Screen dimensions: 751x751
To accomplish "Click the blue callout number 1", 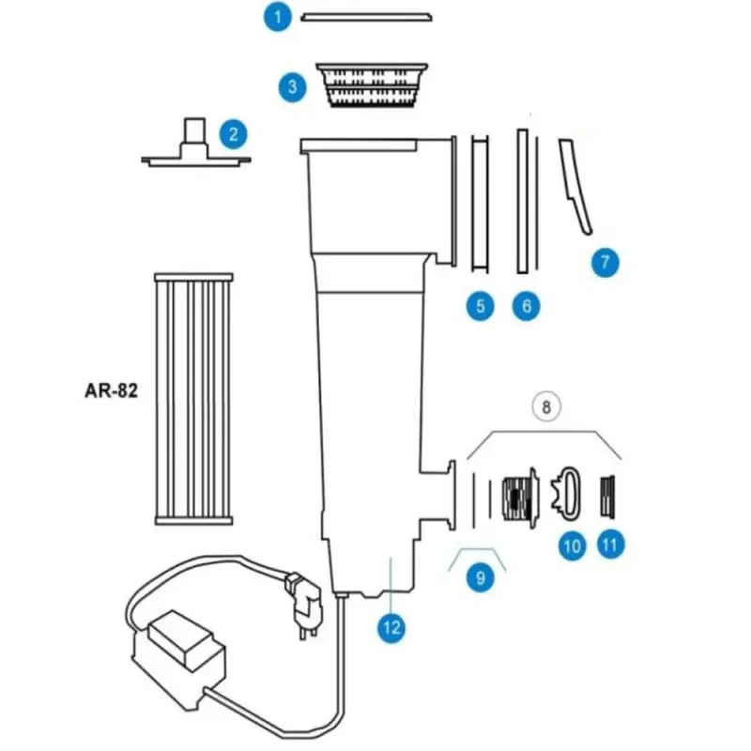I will pos(276,17).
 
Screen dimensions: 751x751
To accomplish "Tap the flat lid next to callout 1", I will pos(365,17).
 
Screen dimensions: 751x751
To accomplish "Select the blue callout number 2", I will pos(233,134).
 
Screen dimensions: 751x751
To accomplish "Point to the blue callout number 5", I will pos(480,306).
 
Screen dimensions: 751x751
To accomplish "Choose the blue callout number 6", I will pos(526,306).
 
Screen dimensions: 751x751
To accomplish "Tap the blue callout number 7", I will pos(605,262).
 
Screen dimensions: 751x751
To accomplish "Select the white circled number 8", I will pos(545,406).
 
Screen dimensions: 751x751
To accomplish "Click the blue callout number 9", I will pos(480,578).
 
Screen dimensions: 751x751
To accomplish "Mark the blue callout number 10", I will pos(573,544).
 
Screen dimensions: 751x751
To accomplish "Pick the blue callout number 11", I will pos(610,544).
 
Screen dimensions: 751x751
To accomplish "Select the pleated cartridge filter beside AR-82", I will pos(192,398).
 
